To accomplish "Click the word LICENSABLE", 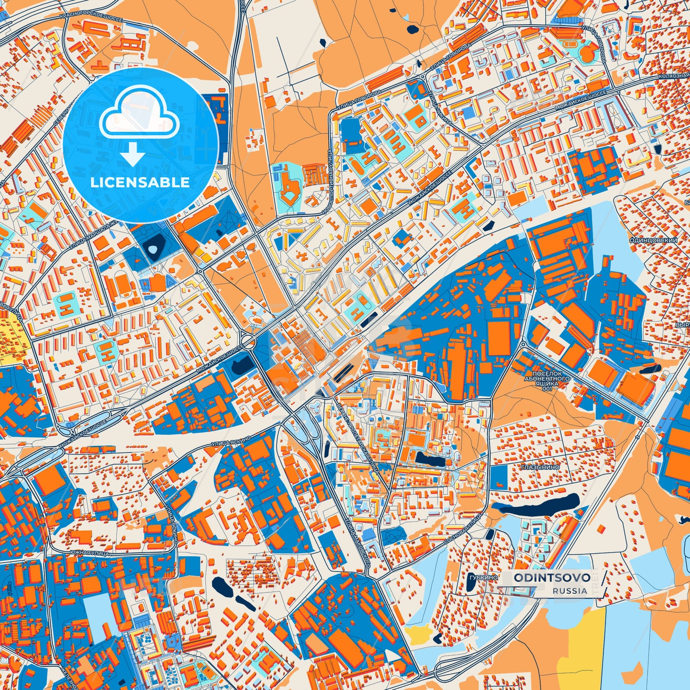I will (x=140, y=182).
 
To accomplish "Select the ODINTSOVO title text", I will (x=552, y=578).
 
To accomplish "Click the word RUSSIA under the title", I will (x=570, y=591).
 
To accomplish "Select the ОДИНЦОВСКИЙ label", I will (x=653, y=240).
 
